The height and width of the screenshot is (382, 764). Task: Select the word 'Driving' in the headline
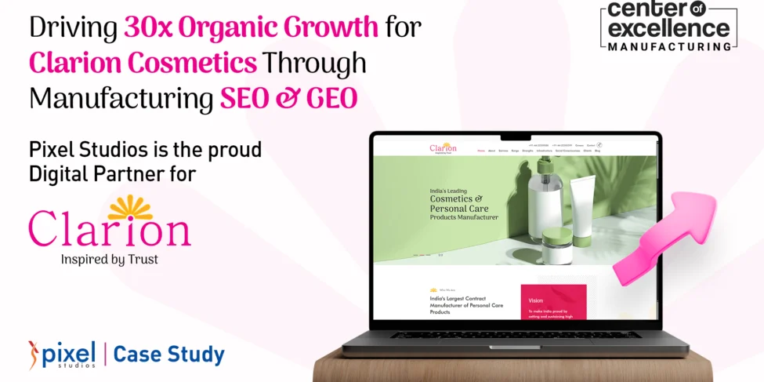coord(73,28)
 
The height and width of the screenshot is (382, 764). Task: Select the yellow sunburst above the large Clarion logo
coord(131,207)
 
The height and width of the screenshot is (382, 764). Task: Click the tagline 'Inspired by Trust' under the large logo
coord(109,259)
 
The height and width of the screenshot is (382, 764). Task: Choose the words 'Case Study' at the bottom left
coord(168,355)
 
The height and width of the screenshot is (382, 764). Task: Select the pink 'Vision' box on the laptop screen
coord(552,301)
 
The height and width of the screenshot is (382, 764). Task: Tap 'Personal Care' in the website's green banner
coord(459,209)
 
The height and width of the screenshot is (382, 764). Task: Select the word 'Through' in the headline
coord(315,63)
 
